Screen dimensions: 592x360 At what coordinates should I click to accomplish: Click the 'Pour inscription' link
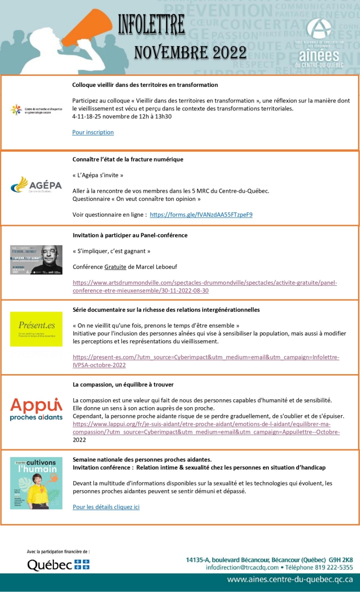click(93, 132)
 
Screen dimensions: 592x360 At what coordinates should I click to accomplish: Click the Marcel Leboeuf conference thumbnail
click(36, 260)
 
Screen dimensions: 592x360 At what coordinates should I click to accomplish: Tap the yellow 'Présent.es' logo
click(36, 329)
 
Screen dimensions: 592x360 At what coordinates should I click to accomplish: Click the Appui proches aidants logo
click(36, 409)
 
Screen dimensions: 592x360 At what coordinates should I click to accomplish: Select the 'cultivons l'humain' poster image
click(36, 483)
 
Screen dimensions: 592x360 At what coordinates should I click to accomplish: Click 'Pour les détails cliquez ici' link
click(106, 507)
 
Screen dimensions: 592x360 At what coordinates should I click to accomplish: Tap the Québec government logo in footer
click(58, 565)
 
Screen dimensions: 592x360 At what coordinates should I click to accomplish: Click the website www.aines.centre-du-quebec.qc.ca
click(290, 580)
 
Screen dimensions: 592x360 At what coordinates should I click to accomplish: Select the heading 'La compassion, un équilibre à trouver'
click(123, 384)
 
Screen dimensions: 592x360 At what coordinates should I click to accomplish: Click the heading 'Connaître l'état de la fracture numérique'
click(127, 159)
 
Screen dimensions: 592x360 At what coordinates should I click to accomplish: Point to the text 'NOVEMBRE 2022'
click(190, 52)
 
